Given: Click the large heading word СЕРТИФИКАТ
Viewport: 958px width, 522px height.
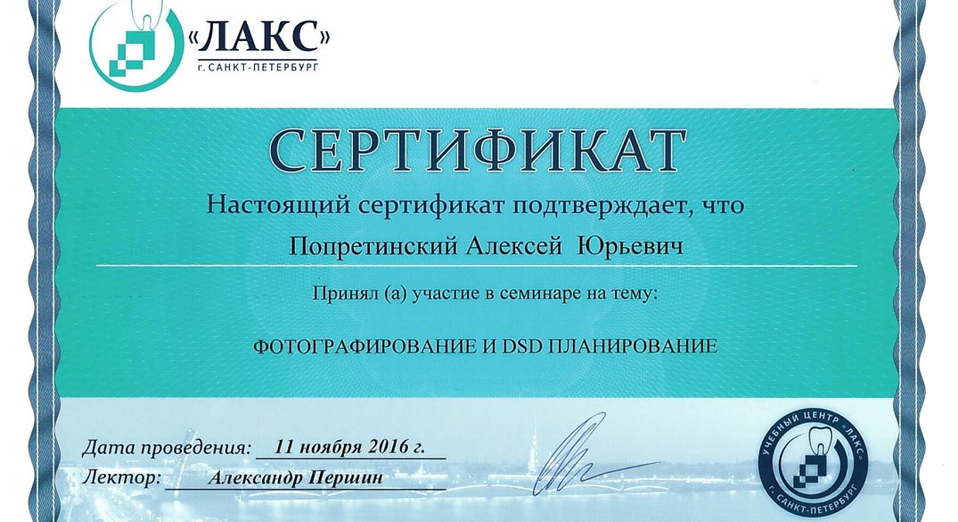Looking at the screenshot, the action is tap(477, 151).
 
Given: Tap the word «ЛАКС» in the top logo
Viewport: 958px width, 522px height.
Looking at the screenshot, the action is tap(258, 37).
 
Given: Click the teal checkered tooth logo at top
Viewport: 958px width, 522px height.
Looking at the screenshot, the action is tap(136, 46).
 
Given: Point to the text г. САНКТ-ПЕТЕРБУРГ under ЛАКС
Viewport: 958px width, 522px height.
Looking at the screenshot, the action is tap(258, 67).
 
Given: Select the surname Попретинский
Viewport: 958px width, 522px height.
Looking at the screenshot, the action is tap(373, 246).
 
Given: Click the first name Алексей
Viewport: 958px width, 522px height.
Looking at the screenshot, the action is tap(514, 246).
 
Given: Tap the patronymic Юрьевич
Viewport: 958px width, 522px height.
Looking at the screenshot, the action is tap(631, 246).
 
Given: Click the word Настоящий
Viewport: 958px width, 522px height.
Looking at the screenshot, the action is tap(279, 204).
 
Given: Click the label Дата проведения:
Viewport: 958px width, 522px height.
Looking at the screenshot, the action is tap(166, 447).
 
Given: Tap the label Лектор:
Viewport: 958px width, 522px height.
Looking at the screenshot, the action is tap(122, 477).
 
